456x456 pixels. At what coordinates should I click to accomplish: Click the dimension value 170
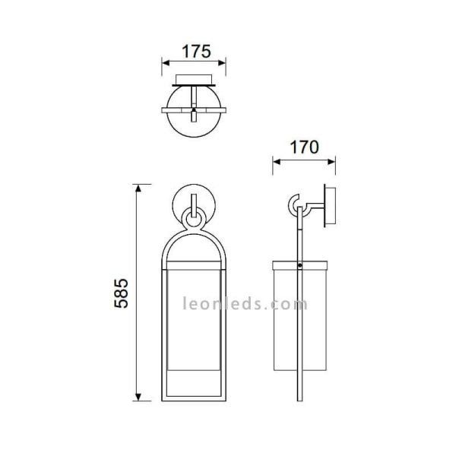click(303, 147)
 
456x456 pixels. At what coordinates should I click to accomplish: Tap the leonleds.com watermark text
click(245, 304)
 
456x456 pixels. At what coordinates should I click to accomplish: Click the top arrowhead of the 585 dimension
click(138, 188)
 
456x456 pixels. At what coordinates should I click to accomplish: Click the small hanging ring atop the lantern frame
click(194, 221)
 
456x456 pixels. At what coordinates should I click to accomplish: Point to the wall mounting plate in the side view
click(329, 204)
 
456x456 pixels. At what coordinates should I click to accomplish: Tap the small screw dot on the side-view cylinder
click(302, 267)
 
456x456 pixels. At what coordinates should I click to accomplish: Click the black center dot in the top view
click(194, 112)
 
